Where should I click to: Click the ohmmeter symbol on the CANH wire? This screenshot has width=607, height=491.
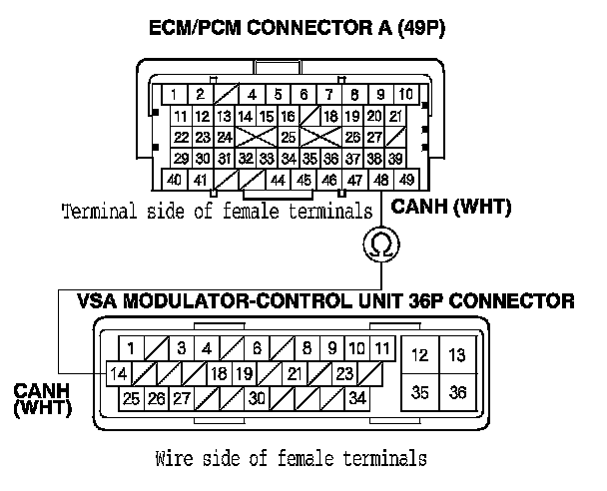(x=379, y=245)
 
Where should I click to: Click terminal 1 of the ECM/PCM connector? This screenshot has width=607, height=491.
(x=174, y=95)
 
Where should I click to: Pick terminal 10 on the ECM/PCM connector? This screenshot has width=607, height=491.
(x=406, y=95)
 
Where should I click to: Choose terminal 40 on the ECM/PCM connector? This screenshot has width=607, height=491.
(x=174, y=181)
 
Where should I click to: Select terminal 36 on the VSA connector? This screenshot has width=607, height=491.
(x=457, y=392)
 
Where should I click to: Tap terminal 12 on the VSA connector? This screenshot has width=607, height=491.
(x=420, y=354)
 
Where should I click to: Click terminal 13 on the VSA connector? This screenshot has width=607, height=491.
(x=457, y=354)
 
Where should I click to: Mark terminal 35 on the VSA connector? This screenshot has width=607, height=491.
(x=420, y=392)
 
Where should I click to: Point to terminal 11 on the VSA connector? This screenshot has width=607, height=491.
(x=381, y=348)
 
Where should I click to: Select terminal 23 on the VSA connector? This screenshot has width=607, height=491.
(x=344, y=374)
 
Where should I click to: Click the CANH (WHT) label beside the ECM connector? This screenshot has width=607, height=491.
(x=437, y=209)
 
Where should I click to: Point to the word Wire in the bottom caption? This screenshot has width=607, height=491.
(x=174, y=460)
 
